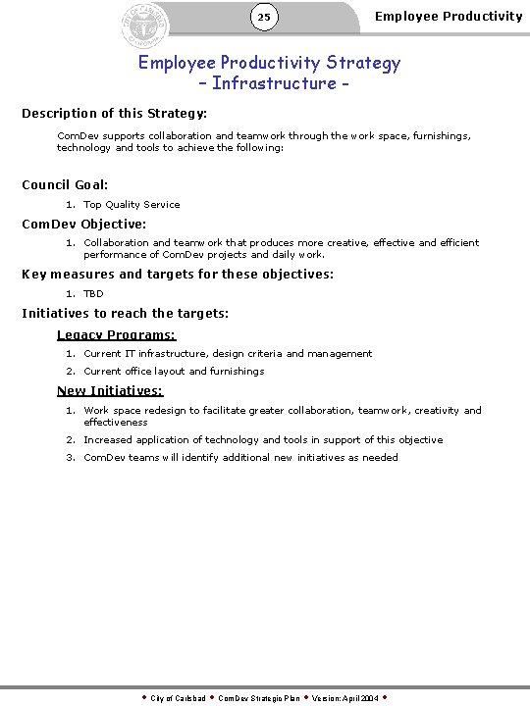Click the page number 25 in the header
click(264, 17)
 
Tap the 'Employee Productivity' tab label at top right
click(449, 16)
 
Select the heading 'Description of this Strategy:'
click(114, 114)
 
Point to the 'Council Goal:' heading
click(65, 184)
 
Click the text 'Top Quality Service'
click(132, 205)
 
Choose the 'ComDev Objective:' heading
click(84, 224)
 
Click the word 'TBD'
click(93, 293)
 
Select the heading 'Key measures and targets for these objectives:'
click(178, 274)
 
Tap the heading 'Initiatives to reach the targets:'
click(125, 314)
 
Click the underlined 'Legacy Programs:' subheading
click(116, 334)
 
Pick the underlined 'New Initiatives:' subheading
click(110, 391)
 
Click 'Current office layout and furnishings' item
click(174, 372)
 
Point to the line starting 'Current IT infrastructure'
click(228, 353)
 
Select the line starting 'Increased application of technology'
click(263, 440)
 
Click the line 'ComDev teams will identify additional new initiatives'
click(240, 458)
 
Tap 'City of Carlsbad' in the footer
click(178, 697)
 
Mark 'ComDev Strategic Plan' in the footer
click(258, 697)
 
